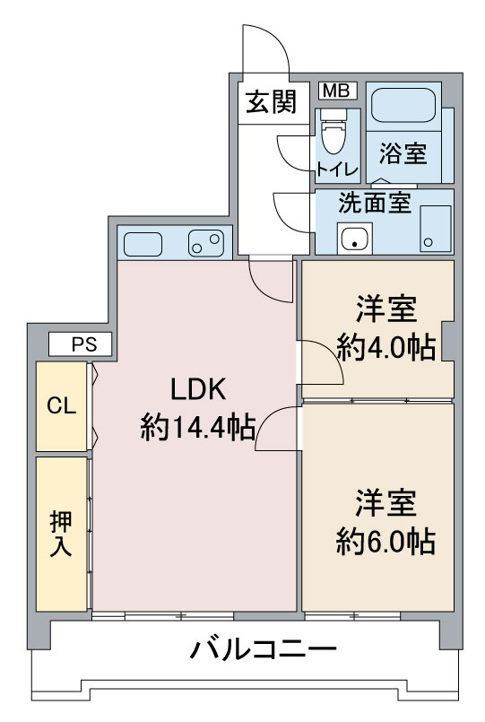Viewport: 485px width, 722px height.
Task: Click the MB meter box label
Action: [337, 91]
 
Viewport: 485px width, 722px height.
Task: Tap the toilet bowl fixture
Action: [333, 132]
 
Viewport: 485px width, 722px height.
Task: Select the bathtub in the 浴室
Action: [403, 106]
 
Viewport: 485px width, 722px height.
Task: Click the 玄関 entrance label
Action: [271, 102]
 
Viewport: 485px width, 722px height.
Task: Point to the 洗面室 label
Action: [375, 203]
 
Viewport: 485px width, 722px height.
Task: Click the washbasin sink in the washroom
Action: [354, 238]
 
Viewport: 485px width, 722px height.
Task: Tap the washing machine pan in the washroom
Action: [436, 229]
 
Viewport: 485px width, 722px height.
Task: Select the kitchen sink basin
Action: [143, 244]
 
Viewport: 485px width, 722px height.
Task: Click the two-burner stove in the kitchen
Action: [205, 243]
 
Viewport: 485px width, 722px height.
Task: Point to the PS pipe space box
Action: [81, 344]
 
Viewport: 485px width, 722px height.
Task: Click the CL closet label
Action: [62, 405]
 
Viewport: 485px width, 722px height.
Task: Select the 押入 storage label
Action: [61, 534]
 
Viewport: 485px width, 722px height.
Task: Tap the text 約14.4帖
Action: [198, 427]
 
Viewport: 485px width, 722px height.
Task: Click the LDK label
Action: [198, 389]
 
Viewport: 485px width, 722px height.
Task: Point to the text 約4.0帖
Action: [386, 348]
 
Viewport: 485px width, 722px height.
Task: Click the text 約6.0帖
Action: [385, 542]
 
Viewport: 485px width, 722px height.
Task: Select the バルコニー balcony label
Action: [264, 649]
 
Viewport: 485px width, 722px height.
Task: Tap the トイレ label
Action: [337, 170]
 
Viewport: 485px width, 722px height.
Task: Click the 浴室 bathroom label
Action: [403, 152]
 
